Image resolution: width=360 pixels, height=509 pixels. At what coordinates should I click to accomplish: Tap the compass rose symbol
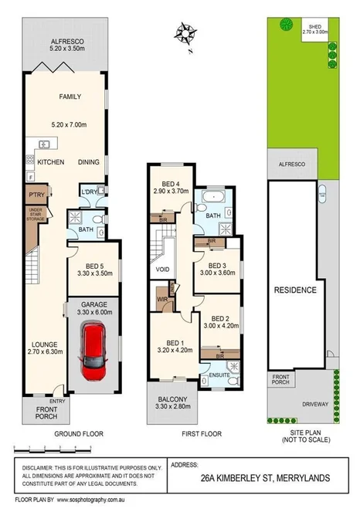[x=185, y=34]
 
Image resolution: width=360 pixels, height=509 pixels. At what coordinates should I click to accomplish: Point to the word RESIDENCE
[x=296, y=290]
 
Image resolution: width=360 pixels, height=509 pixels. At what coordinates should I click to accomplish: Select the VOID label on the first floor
[x=162, y=270]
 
